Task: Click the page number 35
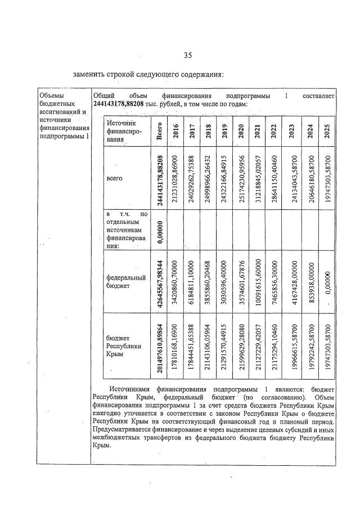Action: (188, 55)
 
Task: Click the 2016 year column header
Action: (175, 131)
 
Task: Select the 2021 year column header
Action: (257, 131)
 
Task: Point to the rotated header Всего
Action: (160, 131)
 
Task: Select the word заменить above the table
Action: (90, 74)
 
